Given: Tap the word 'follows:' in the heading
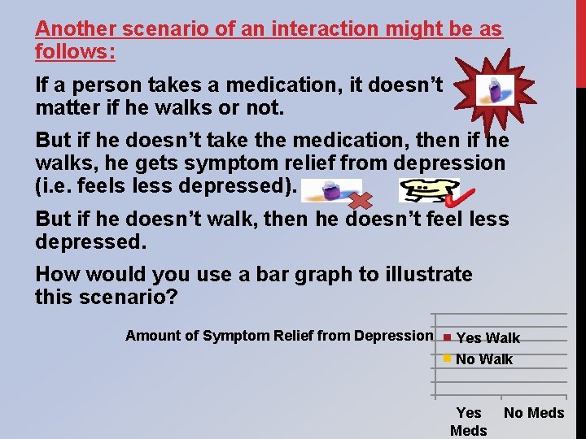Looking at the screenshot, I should (75, 52).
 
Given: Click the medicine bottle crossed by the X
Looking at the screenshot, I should (330, 190).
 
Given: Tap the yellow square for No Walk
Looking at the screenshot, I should (446, 358).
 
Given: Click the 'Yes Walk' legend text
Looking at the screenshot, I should (488, 338).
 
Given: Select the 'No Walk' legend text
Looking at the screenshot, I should (484, 359).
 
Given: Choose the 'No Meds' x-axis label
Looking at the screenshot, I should (534, 413).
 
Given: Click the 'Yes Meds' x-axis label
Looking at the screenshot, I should (469, 421).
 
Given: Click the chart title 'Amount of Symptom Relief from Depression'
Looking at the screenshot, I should (279, 336).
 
